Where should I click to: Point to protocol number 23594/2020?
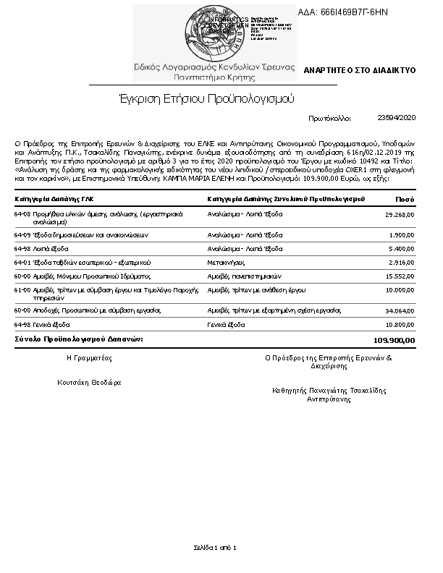coord(397,116)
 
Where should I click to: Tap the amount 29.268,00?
coord(398,215)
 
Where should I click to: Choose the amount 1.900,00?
coord(400,234)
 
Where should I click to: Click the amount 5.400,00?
coord(400,248)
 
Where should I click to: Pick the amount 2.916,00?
coord(400,261)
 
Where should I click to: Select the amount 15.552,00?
coord(398,276)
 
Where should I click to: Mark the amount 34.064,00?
coord(398,310)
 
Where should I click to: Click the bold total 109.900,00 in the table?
coord(394,339)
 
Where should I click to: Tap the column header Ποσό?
coord(405,198)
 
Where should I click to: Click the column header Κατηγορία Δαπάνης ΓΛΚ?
coord(54,198)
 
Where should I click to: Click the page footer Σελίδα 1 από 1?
coord(215,547)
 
